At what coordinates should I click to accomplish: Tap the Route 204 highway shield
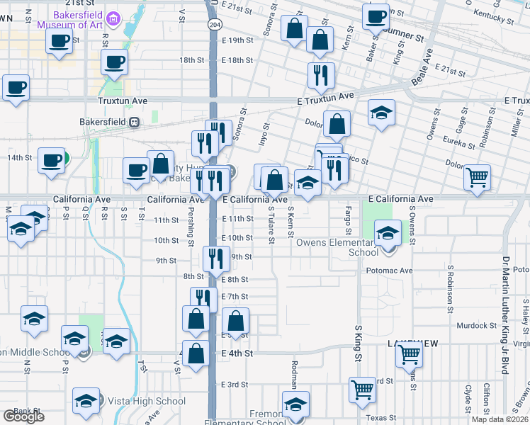(x=213, y=24)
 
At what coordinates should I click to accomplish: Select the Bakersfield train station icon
(x=134, y=122)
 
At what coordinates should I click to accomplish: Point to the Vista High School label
(x=147, y=401)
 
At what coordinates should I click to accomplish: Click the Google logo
(x=24, y=416)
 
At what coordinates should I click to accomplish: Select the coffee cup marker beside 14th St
(x=50, y=160)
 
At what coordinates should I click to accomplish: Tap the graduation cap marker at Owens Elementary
(x=388, y=232)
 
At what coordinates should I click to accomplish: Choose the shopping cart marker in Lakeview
(x=409, y=353)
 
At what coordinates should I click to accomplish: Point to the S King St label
(x=358, y=343)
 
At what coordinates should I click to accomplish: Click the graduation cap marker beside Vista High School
(x=86, y=401)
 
